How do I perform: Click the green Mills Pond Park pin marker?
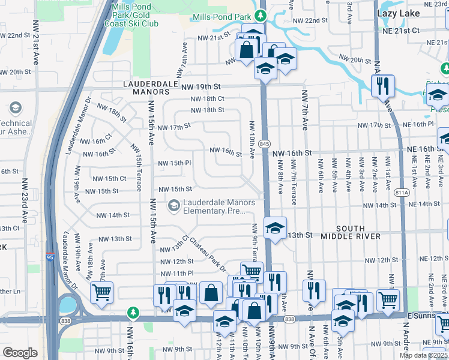point(260,15)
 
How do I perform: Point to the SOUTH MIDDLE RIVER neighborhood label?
point(351,232)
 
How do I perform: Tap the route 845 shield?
point(264,144)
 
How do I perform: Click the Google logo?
point(20,353)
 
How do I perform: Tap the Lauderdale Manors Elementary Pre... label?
point(219,206)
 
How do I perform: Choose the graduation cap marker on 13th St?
point(275,228)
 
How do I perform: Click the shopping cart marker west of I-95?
point(101,293)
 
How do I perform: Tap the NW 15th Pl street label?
point(174,163)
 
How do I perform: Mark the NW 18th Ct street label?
point(207,99)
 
